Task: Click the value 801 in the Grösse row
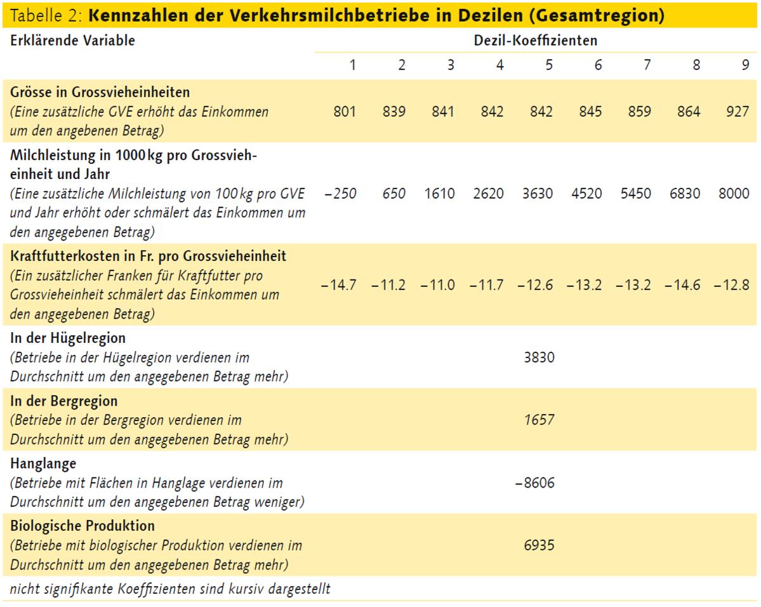click(x=345, y=113)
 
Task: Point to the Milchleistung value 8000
click(x=734, y=194)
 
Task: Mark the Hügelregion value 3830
click(x=539, y=357)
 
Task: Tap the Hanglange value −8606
click(x=536, y=483)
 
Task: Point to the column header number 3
click(x=451, y=65)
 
